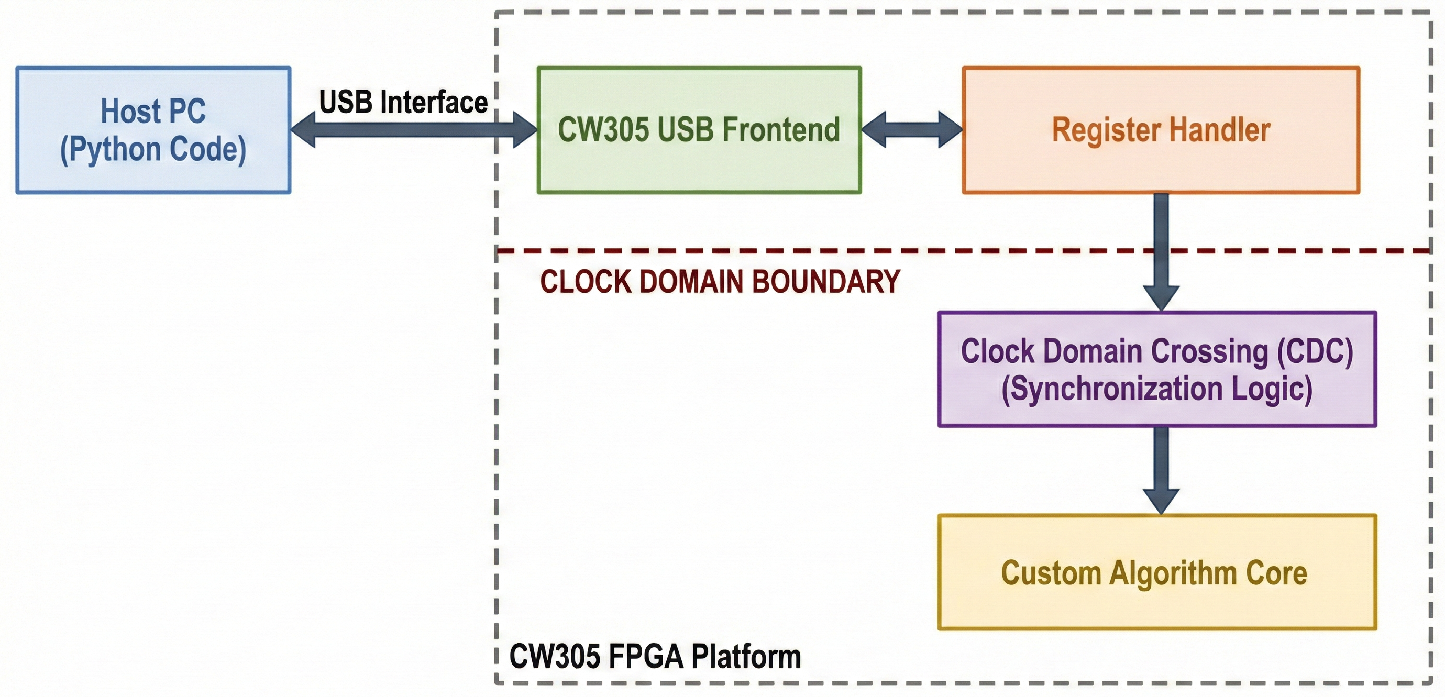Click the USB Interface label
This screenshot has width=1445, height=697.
pyautogui.click(x=403, y=102)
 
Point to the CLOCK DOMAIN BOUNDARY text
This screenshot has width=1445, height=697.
pyautogui.click(x=719, y=282)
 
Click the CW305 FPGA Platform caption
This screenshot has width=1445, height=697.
pyautogui.click(x=654, y=656)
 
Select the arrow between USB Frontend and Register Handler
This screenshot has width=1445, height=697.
pyautogui.click(x=911, y=129)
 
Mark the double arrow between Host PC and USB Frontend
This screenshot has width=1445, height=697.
pyautogui.click(x=413, y=130)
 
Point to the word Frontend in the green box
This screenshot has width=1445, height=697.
pyautogui.click(x=780, y=129)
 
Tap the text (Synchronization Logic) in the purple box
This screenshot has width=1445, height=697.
pyautogui.click(x=1156, y=389)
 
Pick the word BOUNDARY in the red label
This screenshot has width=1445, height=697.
pyautogui.click(x=825, y=282)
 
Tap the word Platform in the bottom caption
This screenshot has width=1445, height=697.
pyautogui.click(x=745, y=656)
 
